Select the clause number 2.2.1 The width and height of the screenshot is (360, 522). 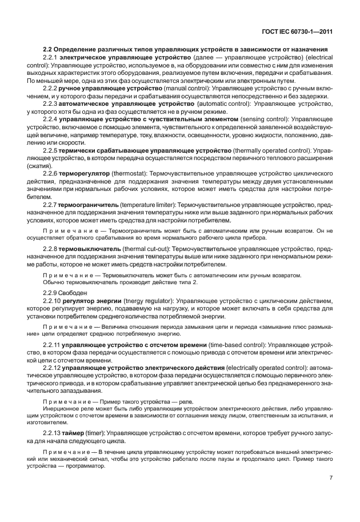pyautogui.click(x=51, y=59)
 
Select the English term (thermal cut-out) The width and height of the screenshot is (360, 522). pyautogui.click(x=145, y=250)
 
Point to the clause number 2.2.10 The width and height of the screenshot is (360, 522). pyautogui.click(x=52, y=301)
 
